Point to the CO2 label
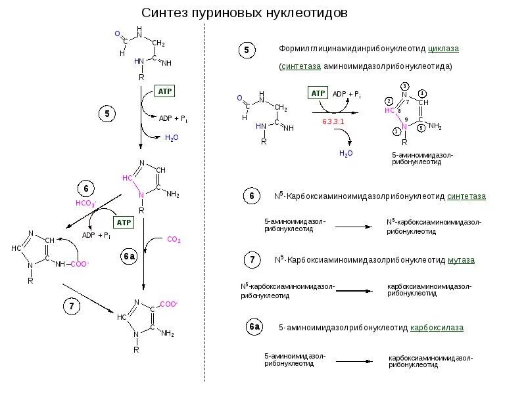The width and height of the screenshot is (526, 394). pos(174,240)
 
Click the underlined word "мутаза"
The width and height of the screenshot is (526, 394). pos(462,260)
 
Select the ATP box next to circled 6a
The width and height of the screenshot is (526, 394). pos(124,223)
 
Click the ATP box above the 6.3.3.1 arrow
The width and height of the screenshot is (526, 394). pos(318,94)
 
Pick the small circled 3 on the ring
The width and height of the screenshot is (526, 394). pos(405,87)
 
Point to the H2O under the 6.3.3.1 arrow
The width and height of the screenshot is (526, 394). pos(346,153)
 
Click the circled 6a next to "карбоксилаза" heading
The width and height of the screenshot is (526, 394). pos(254,326)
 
